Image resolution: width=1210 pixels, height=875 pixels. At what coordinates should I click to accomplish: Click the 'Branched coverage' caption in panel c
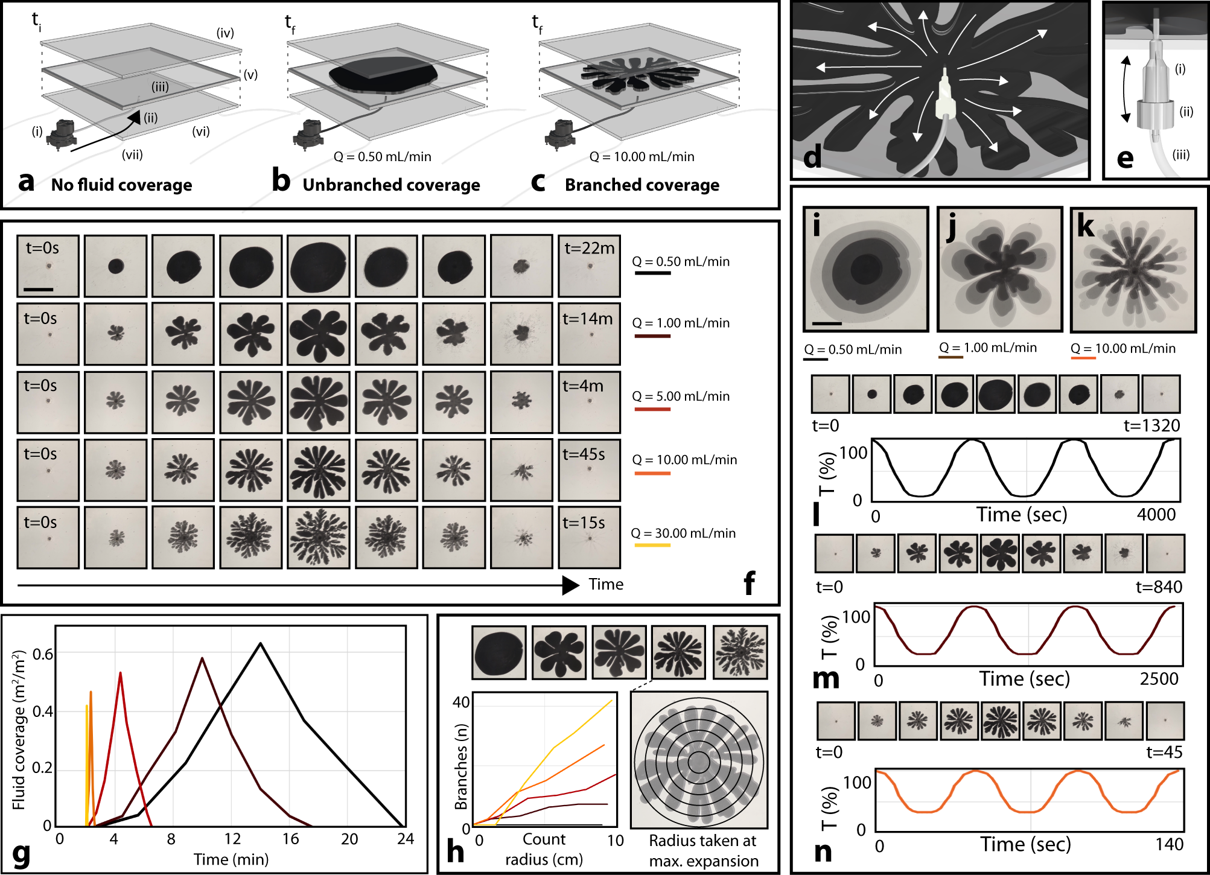coord(642,185)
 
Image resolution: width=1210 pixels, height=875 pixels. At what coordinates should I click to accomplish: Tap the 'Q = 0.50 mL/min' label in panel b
coord(382,157)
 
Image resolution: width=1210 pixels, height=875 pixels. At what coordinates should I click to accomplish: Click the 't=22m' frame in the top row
coord(589,266)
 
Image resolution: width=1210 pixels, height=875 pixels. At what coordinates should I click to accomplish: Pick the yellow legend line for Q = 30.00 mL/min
coord(652,546)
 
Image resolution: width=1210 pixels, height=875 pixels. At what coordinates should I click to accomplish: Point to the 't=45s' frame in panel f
coord(589,469)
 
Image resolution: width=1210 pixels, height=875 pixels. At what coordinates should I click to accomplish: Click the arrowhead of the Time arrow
coord(570,585)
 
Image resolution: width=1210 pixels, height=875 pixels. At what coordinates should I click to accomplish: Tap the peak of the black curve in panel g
coord(260,643)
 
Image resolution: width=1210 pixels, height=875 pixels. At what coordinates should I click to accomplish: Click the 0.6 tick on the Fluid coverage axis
coord(42,654)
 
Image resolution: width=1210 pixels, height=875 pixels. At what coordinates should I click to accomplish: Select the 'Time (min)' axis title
coord(231,859)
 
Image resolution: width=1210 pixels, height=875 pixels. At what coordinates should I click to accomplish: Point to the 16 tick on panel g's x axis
coord(291,839)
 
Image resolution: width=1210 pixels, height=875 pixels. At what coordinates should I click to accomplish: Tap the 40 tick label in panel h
coord(461,702)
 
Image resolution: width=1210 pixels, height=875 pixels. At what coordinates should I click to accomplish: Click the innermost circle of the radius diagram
coord(699,762)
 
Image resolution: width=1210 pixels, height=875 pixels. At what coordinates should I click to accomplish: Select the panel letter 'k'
coord(1085,226)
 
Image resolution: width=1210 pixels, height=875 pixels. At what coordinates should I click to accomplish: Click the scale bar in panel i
coord(827,323)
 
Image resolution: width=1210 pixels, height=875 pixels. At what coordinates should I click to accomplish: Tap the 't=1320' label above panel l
coord(1151,425)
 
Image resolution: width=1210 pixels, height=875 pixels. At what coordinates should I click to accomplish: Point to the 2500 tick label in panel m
coord(1159,679)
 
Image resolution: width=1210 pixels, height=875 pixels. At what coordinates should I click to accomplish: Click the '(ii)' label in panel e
coord(1186,112)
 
